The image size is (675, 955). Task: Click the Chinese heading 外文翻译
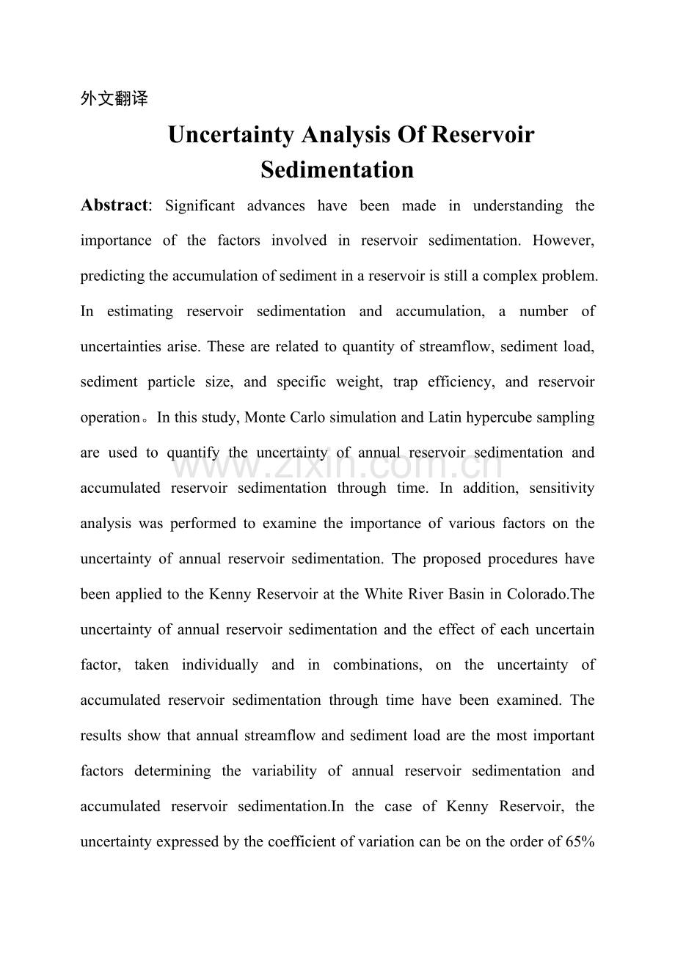(114, 99)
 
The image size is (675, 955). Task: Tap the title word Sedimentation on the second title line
(337, 169)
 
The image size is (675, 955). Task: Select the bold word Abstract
(114, 205)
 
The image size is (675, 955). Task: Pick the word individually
(220, 665)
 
